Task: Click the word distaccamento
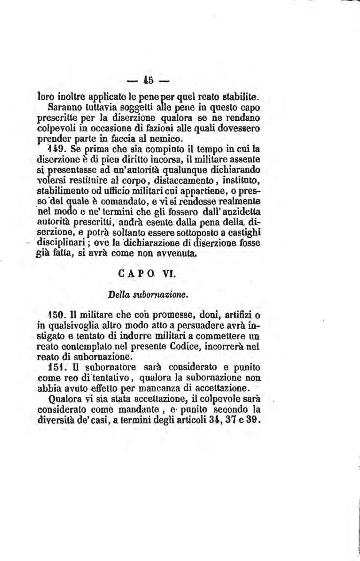click(x=142, y=181)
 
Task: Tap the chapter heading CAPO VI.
click(x=148, y=274)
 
